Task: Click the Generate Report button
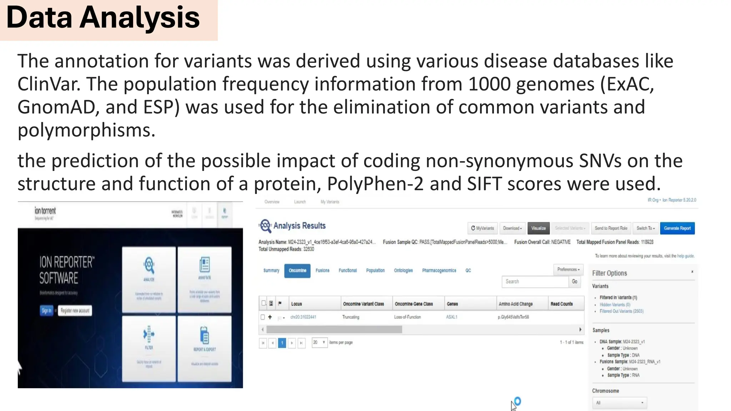point(677,228)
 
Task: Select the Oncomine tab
point(297,270)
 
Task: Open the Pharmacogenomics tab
point(439,270)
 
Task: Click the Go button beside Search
point(574,281)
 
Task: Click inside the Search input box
point(534,281)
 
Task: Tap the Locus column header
point(297,304)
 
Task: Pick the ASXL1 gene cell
point(452,317)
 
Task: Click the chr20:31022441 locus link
point(303,317)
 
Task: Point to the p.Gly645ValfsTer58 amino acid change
point(513,317)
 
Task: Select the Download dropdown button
point(512,228)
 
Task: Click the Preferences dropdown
point(568,269)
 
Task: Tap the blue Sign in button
point(46,310)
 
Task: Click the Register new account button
point(75,310)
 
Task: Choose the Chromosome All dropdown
point(619,403)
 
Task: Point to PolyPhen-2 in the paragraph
point(375,184)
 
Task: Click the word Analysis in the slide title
point(140,18)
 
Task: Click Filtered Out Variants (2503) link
point(621,311)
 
